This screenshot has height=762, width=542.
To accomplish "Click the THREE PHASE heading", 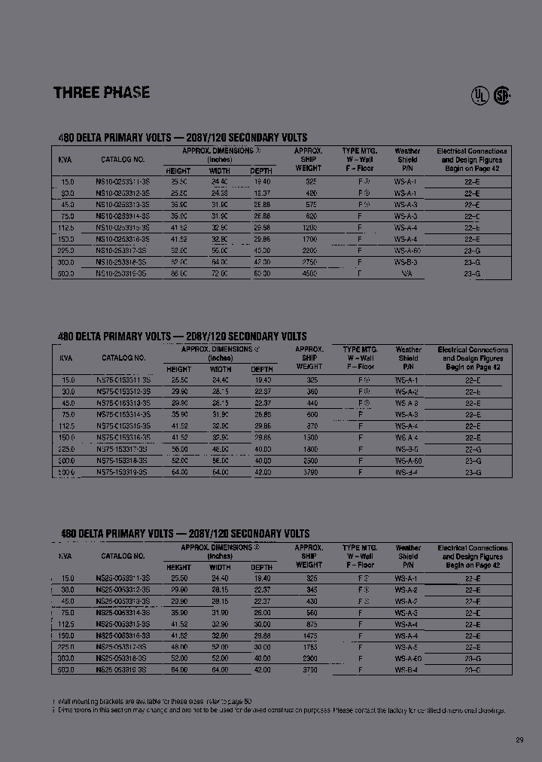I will (102, 93).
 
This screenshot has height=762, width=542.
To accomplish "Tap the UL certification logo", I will (479, 96).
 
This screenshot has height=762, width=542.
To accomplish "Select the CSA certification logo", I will (501, 96).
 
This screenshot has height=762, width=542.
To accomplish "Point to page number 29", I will (519, 740).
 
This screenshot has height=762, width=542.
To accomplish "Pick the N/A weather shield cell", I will (406, 274).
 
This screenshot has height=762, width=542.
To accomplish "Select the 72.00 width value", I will (220, 274).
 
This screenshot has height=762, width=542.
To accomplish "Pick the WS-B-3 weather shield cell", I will (406, 263).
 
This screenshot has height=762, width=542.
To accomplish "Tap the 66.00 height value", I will (179, 274).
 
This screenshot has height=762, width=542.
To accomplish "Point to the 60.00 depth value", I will (262, 274).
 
